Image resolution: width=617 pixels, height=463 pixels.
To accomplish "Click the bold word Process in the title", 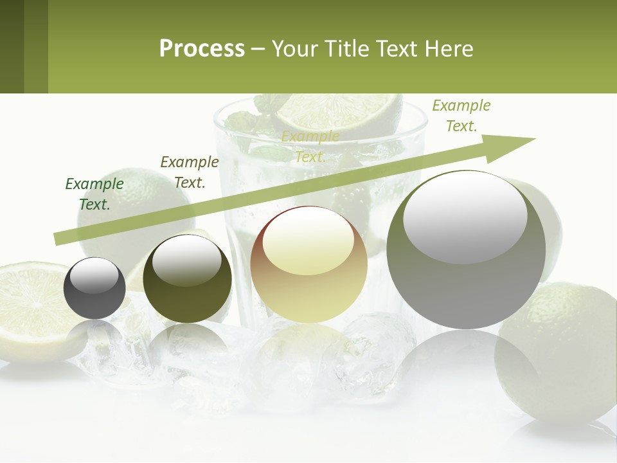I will click(202, 49).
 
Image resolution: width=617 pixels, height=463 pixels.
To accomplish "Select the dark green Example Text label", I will click(94, 194).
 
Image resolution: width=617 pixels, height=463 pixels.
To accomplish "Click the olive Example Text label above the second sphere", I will click(190, 172).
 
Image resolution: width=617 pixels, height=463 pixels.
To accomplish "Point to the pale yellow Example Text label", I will click(310, 147).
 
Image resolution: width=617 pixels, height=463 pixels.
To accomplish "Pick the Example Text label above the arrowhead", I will click(461, 116).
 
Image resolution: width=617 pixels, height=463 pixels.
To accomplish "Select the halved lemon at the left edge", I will click(32, 309).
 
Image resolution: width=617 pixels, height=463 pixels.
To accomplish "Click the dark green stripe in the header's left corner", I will click(12, 46).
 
